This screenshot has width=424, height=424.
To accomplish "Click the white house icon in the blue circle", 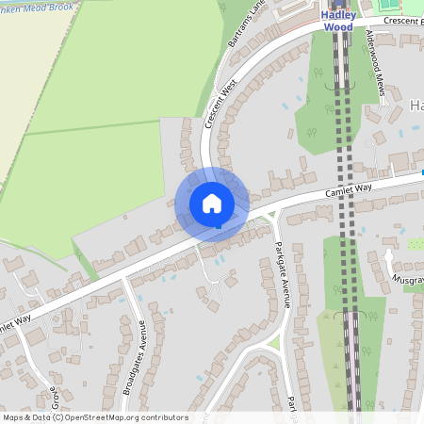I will coord(212,204).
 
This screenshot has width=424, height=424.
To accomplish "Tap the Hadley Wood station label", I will coord(338,21).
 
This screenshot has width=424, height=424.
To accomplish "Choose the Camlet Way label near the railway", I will coord(350,190).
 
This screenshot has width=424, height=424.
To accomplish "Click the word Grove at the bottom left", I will coord(54,400).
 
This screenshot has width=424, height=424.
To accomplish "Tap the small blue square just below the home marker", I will coord(219,226).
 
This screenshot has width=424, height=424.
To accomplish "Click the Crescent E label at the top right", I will coord(401,20).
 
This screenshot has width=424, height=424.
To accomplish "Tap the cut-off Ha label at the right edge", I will coord(416,106).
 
